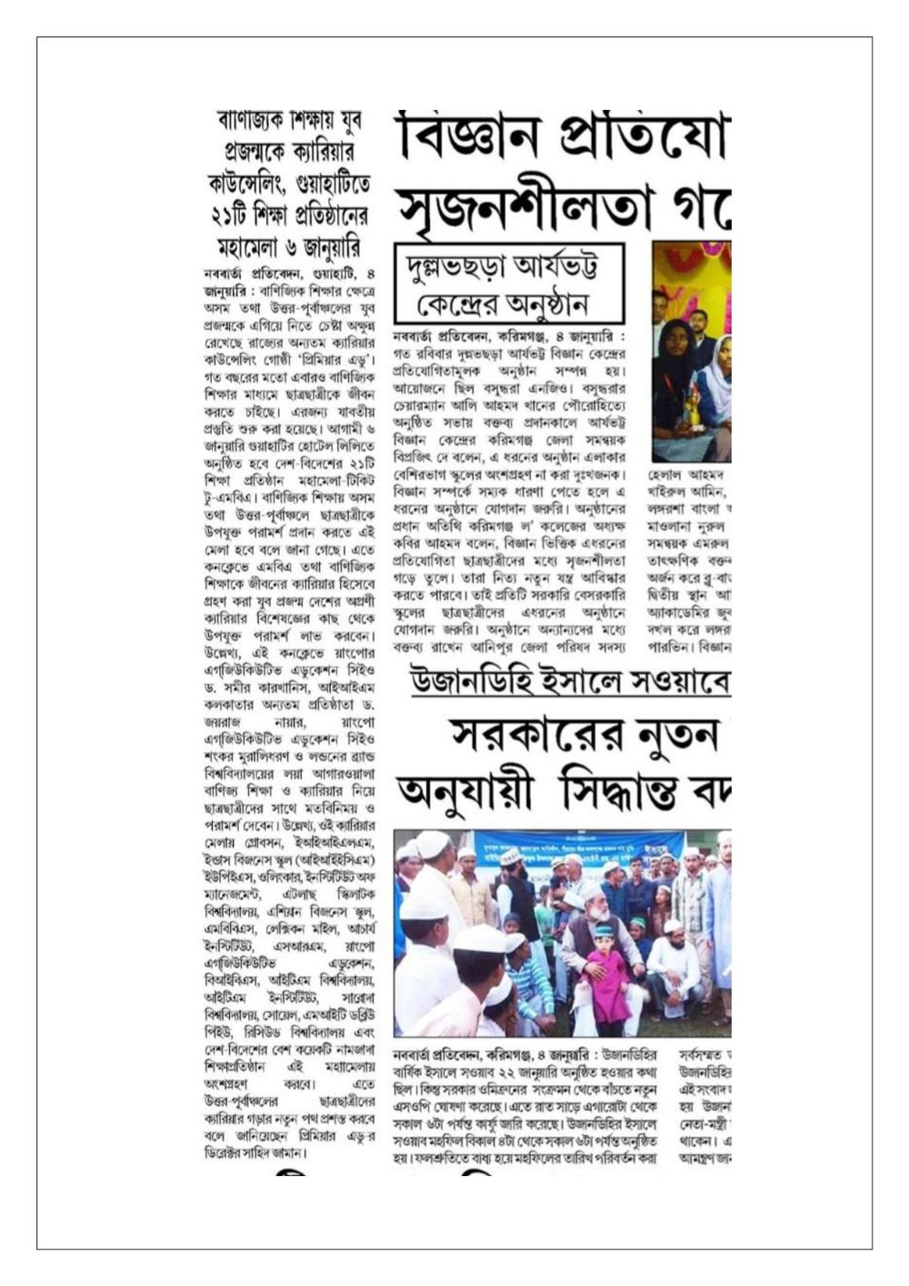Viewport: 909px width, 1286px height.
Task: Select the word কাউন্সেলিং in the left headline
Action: click(x=251, y=184)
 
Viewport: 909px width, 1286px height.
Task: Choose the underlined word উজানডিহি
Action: click(x=463, y=683)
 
